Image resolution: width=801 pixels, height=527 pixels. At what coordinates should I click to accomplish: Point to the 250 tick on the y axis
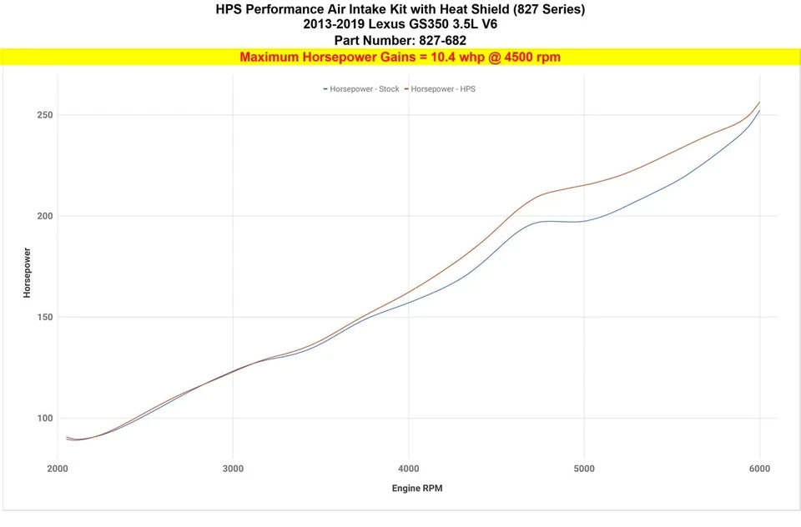point(44,115)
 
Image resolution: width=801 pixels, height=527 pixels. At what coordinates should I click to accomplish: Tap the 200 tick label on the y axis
point(44,216)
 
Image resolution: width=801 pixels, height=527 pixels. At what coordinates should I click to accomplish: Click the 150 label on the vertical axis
point(44,317)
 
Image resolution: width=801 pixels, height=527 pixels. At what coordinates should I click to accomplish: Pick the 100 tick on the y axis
point(44,419)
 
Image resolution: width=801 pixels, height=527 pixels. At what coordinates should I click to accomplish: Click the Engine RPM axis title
point(417,488)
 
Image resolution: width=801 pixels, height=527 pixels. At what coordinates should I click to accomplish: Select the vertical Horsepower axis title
point(28,273)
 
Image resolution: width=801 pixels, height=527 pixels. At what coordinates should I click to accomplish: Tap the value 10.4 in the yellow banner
point(423,58)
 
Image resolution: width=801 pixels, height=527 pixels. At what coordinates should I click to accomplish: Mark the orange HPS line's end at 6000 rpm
point(759,102)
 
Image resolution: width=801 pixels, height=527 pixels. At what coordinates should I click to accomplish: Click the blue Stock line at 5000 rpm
point(584,221)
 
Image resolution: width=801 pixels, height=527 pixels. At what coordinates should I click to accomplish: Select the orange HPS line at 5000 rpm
point(584,185)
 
